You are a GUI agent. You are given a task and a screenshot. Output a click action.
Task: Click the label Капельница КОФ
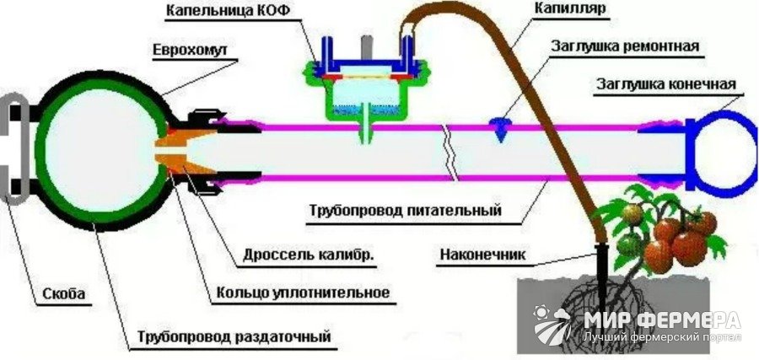tap(228, 11)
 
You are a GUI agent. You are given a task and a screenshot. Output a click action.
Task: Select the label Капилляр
tap(570, 8)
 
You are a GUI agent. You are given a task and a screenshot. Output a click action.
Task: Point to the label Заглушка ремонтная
tap(625, 47)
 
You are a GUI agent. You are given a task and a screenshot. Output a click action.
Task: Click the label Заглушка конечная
tap(665, 84)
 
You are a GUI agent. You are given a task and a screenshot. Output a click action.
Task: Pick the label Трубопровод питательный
tap(405, 212)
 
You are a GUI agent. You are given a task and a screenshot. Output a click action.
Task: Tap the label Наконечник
tap(482, 255)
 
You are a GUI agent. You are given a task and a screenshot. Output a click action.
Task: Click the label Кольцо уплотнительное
tap(303, 293)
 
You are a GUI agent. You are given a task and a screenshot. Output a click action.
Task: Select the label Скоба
tap(64, 293)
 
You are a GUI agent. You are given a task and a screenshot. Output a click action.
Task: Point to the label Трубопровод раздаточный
tap(234, 336)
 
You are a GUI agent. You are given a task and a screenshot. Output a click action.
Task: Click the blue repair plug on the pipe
tap(500, 129)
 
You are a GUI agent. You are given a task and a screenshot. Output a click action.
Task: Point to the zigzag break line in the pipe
tap(450, 153)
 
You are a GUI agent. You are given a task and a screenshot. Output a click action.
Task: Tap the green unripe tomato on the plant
tap(628, 244)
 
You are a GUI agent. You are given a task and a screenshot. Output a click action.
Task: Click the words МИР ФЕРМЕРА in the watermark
tap(662, 320)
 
